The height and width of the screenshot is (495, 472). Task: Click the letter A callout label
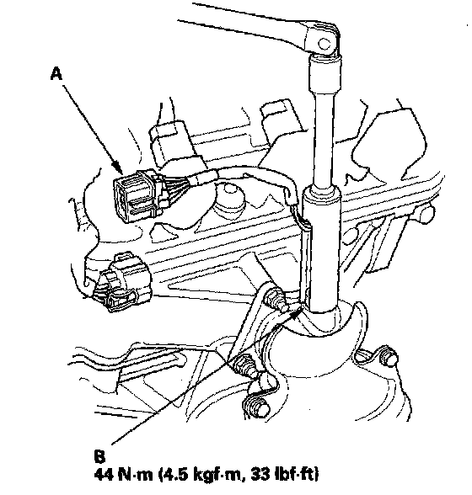pyautogui.click(x=56, y=74)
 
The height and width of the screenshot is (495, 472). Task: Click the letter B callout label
pyautogui.click(x=99, y=456)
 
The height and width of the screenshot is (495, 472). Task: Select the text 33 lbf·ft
pyautogui.click(x=285, y=474)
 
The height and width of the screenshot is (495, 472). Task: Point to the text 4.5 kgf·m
pyautogui.click(x=201, y=475)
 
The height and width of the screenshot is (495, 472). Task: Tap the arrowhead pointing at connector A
pyautogui.click(x=119, y=168)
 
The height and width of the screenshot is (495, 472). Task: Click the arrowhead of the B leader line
pyautogui.click(x=295, y=314)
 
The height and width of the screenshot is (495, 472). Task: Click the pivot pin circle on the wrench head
pyautogui.click(x=324, y=43)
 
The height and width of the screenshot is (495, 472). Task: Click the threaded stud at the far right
pyautogui.click(x=389, y=356)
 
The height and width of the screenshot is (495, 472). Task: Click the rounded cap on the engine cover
pyautogui.click(x=230, y=199)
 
